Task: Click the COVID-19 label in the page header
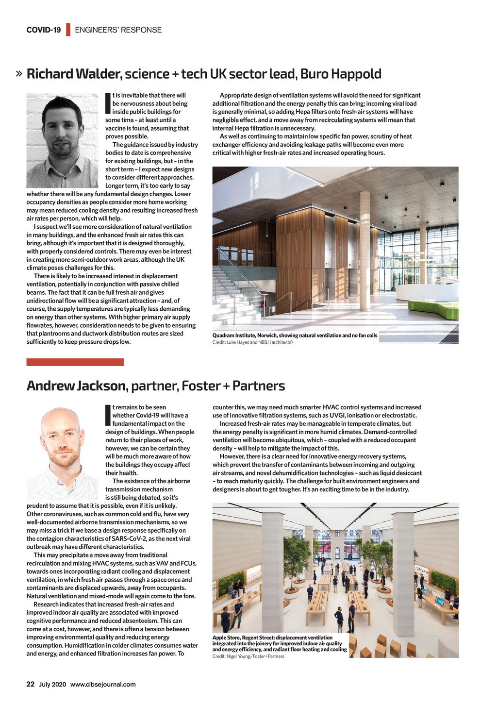pos(44,30)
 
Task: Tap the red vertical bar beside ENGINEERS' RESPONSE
pos(68,30)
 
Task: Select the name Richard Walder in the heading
pos(73,74)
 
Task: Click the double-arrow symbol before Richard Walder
pos(19,74)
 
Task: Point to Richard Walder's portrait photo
pos(62,140)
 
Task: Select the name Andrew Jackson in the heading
pos(76,386)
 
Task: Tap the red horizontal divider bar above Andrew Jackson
pos(75,362)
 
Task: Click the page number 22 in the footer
pos(30,684)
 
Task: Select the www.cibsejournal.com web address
pos(103,684)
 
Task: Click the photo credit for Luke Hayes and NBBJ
pos(252,342)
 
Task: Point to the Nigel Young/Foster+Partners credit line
pos(248,656)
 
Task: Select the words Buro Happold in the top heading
pos(341,74)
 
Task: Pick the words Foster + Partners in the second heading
pos(233,386)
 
